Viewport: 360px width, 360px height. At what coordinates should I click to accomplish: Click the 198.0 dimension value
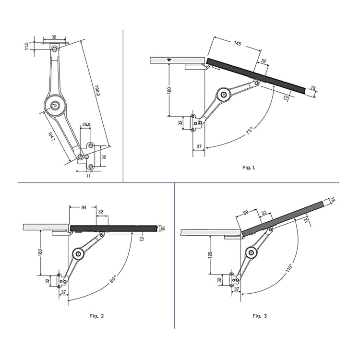click(97, 90)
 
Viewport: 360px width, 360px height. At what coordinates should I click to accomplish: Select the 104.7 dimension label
click(51, 136)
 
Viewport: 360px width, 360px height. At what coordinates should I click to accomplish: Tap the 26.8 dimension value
click(86, 124)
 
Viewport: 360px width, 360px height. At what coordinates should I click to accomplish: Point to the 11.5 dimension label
click(26, 46)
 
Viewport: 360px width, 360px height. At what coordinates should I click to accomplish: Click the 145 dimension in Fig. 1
click(238, 43)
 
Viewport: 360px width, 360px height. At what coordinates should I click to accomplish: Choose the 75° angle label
click(249, 130)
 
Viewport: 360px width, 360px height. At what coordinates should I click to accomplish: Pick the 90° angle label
click(113, 279)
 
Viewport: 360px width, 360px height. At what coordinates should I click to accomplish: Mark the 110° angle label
click(289, 268)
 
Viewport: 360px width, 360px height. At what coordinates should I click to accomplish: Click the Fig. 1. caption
click(249, 168)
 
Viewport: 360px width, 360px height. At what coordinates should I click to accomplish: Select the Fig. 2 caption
click(96, 316)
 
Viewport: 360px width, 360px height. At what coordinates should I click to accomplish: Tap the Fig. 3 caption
click(260, 316)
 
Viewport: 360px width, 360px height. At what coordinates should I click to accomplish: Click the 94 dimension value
click(84, 207)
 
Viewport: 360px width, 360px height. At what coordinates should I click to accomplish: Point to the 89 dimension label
click(246, 213)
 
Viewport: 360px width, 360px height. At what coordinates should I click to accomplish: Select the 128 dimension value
click(210, 255)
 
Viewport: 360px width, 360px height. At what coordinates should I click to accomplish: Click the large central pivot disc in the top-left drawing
click(55, 106)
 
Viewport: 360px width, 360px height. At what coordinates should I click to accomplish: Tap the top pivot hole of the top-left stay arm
click(55, 49)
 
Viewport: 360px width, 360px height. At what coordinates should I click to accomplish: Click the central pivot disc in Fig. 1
click(224, 95)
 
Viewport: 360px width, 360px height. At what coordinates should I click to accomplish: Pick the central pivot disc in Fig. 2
click(78, 254)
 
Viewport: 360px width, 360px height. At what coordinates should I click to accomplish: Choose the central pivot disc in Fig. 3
click(251, 252)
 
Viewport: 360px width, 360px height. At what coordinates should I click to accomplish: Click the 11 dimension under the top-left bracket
click(88, 176)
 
